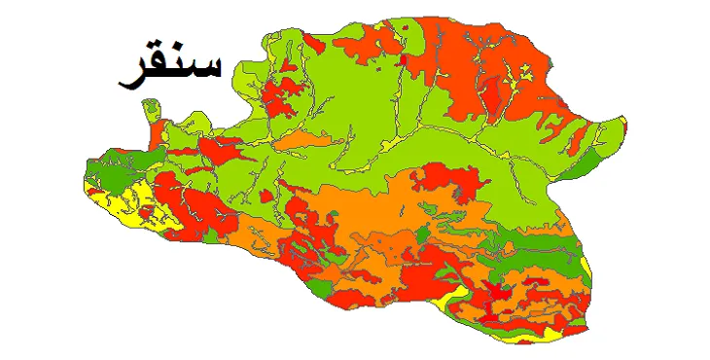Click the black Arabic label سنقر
coord(169,66)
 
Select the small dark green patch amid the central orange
coord(420,234)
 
